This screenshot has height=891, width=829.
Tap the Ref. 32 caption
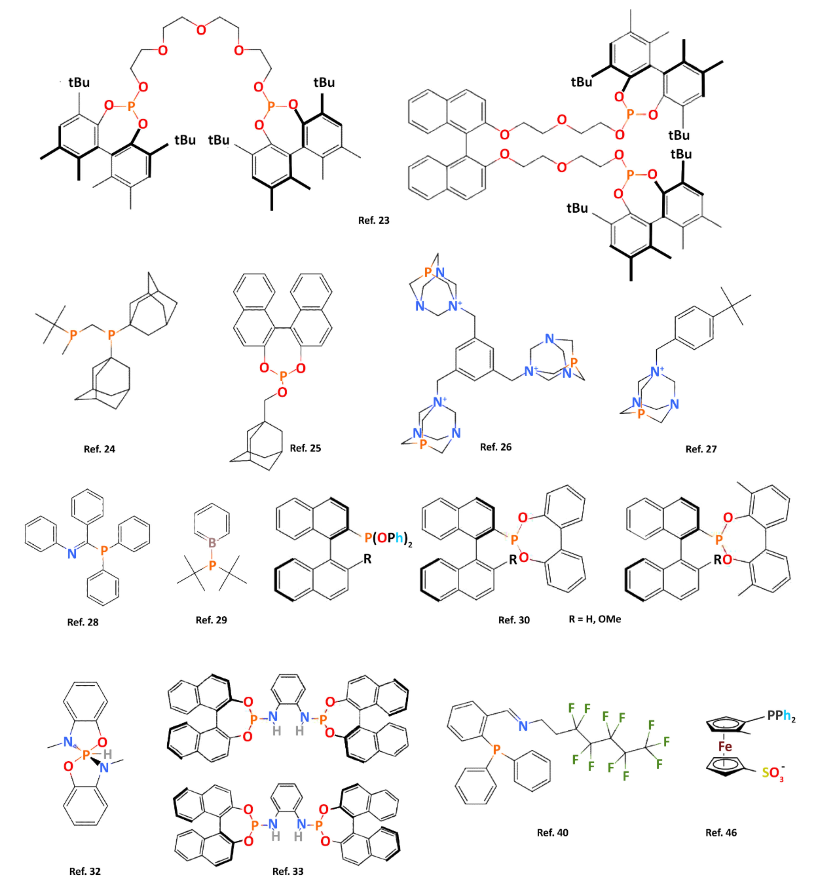point(85,871)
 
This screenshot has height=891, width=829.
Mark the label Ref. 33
point(288,871)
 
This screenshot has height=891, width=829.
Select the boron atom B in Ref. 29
point(212,543)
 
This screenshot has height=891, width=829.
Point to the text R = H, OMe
point(595,619)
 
